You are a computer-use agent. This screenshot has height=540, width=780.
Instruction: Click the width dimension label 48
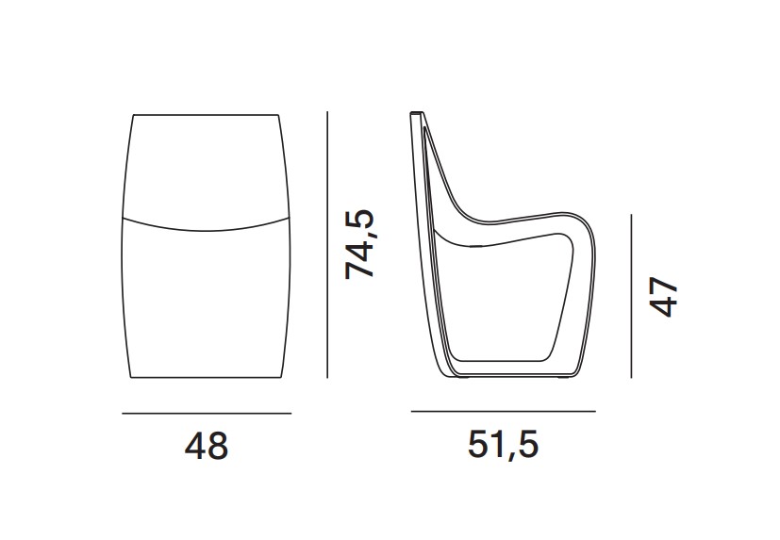(x=207, y=446)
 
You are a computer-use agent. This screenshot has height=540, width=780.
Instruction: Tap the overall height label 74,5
(x=359, y=244)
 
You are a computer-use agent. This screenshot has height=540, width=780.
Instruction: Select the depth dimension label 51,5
(x=503, y=444)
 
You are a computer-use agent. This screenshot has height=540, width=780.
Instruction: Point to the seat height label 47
(x=664, y=297)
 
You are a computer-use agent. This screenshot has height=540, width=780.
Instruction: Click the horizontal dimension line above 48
(x=207, y=413)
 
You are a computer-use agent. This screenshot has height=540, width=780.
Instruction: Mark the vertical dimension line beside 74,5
(x=327, y=245)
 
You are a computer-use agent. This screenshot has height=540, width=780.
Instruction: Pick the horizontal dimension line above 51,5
(x=503, y=411)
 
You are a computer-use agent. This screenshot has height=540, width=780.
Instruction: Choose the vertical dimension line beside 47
(x=631, y=296)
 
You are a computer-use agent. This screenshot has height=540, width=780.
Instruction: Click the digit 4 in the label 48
(x=195, y=446)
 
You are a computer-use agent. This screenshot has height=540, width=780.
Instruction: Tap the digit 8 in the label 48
(x=218, y=446)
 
